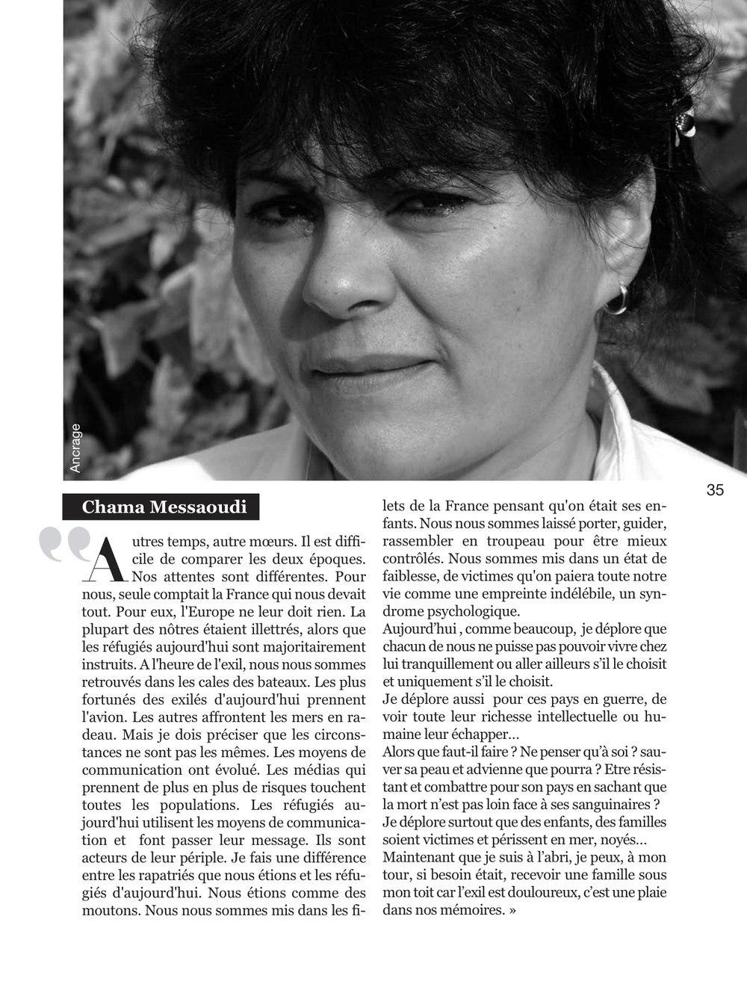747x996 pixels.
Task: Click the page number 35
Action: tap(715, 490)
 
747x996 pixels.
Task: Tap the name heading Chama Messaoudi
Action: tap(164, 507)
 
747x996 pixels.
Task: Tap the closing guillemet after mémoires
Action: tap(512, 911)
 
